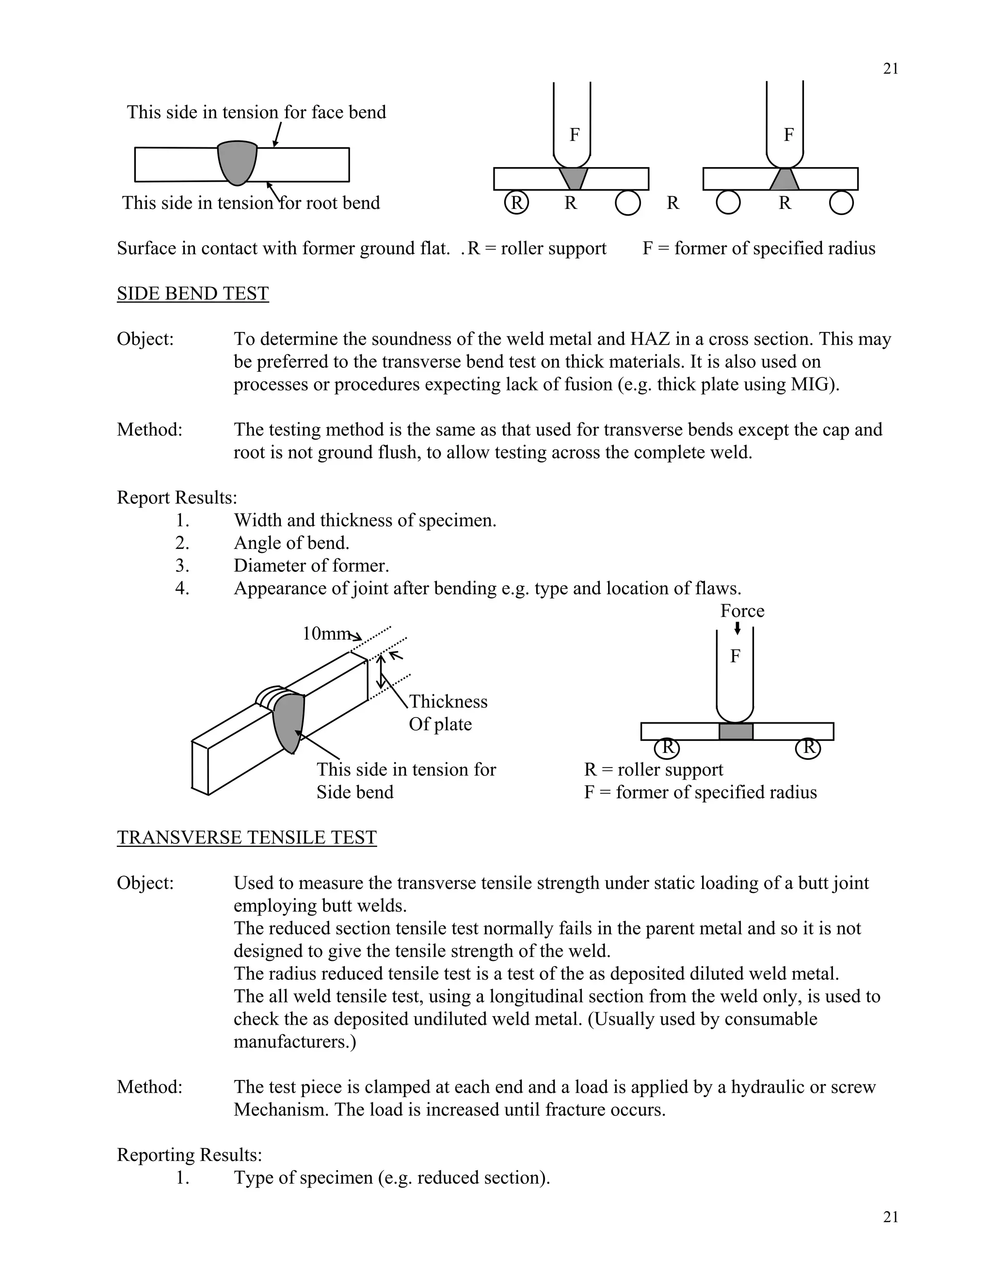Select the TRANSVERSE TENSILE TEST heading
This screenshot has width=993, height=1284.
[246, 837]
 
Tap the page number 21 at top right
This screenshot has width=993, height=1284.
[890, 69]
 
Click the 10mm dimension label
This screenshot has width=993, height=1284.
[326, 634]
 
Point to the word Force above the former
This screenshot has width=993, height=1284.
[742, 611]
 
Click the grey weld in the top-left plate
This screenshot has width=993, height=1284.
[237, 162]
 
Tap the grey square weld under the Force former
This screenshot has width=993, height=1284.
[736, 731]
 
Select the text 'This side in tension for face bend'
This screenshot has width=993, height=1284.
[256, 112]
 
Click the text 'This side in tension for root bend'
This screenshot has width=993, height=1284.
[251, 203]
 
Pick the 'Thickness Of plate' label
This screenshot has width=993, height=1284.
[448, 713]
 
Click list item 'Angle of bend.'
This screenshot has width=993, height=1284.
[291, 543]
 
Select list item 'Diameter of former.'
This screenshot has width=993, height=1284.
[311, 565]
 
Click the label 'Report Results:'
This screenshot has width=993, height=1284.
[176, 498]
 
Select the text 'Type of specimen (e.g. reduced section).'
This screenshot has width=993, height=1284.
[391, 1177]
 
